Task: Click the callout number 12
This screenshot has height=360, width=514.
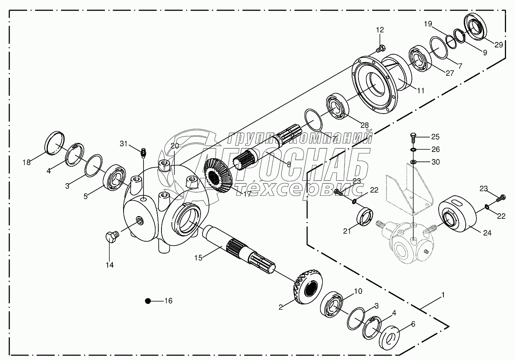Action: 380,30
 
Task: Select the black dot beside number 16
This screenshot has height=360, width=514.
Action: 148,301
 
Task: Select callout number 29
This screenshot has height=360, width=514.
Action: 498,45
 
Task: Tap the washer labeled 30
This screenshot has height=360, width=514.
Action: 413,162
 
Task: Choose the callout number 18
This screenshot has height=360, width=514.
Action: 26,162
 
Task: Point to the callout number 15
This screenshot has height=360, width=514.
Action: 199,258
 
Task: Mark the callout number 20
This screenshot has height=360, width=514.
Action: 175,146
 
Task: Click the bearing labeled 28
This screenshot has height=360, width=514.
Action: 337,106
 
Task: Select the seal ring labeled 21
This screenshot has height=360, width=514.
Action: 364,216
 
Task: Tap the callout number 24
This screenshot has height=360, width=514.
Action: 487,233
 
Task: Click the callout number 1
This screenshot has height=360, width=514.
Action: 443,295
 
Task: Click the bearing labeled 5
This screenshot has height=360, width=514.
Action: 114,177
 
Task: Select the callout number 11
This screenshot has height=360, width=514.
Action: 421,90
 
